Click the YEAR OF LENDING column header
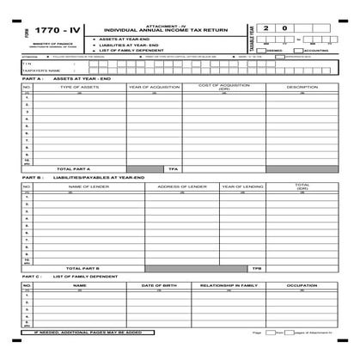point(242,186)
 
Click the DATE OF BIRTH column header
point(159,284)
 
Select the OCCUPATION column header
point(302,284)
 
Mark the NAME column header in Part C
point(79,284)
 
